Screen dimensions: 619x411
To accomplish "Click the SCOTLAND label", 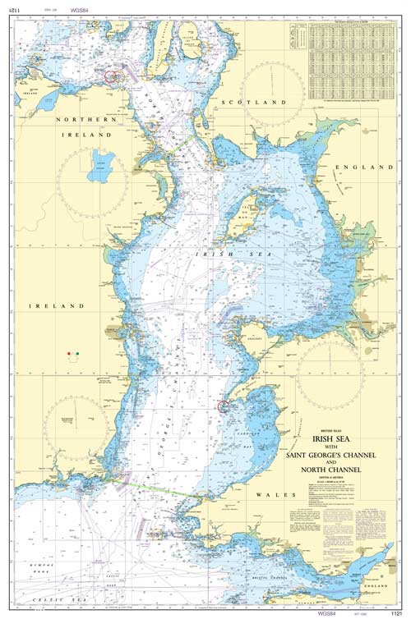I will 254,102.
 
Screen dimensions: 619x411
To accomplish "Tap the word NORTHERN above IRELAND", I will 82,119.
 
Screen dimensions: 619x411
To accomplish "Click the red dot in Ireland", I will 68,354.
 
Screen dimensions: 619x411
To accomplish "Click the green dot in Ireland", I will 77,354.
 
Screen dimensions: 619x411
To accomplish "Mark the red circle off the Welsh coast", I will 222,406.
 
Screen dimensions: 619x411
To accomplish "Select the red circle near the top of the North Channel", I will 112,76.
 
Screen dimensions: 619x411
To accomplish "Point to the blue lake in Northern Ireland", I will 102,161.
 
